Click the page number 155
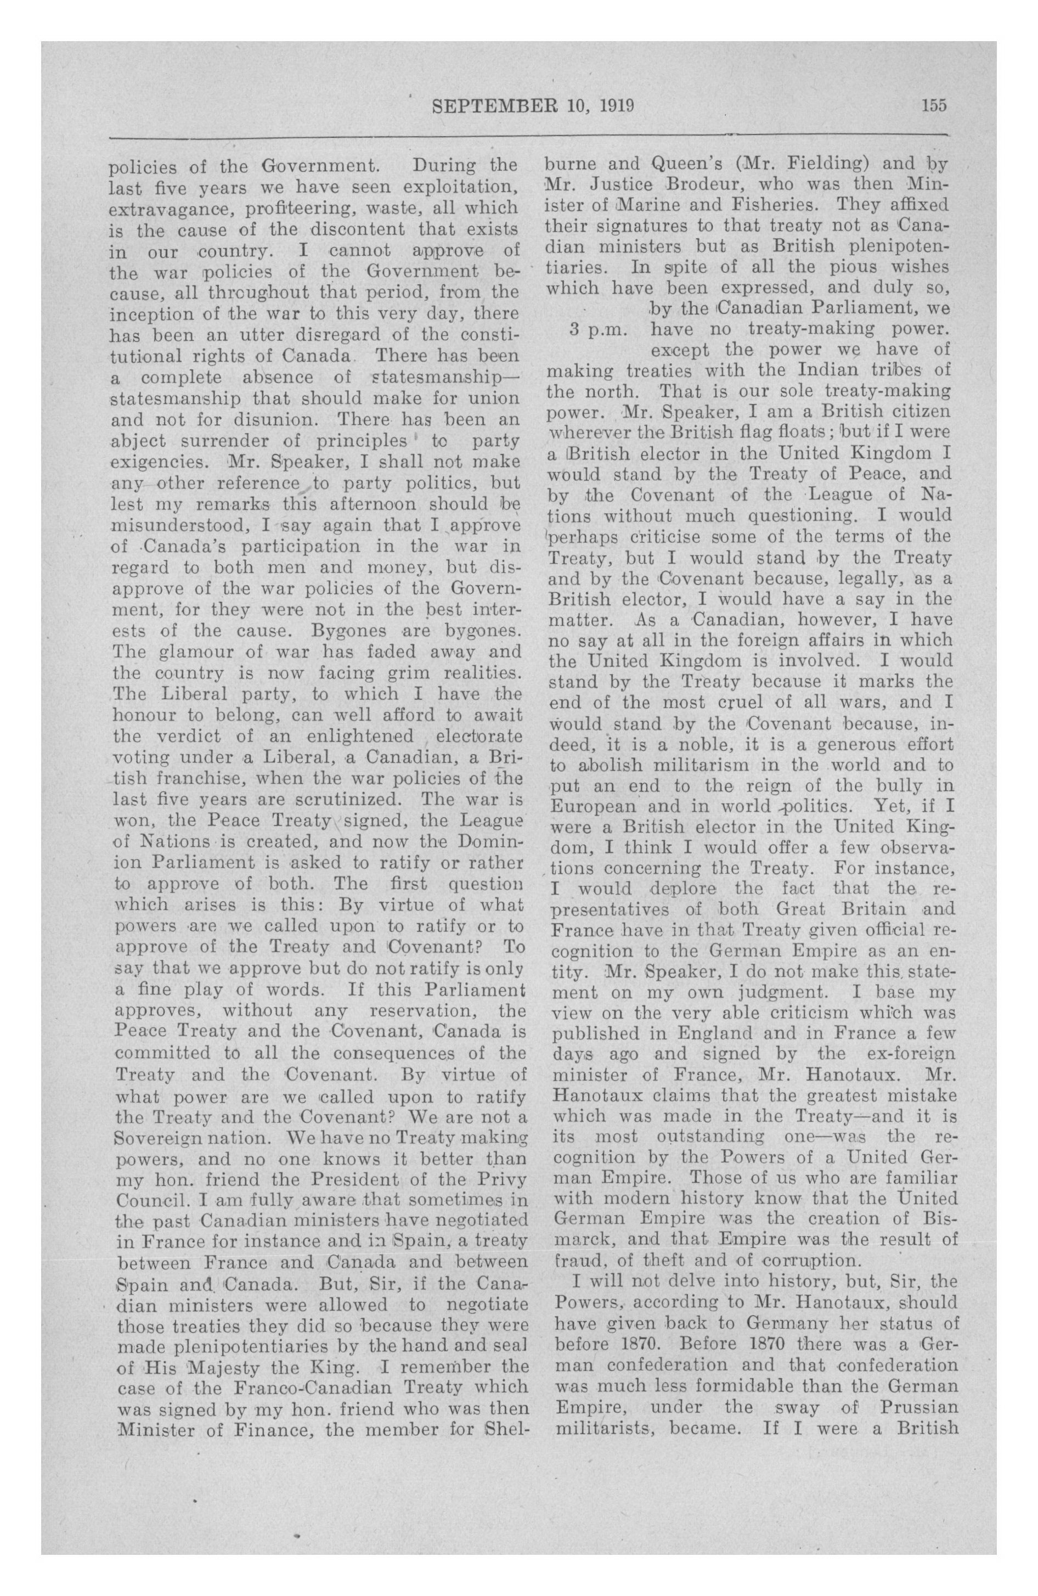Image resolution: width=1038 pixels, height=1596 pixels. tap(933, 106)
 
